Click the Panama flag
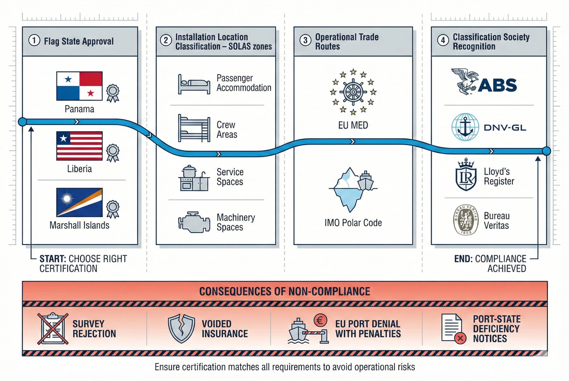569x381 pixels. click(x=79, y=86)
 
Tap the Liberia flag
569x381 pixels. click(x=79, y=146)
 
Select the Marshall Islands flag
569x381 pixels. click(x=79, y=202)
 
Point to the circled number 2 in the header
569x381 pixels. click(x=166, y=41)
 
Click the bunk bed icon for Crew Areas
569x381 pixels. click(x=194, y=128)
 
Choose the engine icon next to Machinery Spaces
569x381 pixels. click(x=194, y=222)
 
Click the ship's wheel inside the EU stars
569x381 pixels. click(x=353, y=92)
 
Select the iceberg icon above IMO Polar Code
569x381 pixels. click(x=349, y=189)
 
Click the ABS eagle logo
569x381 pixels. click(x=464, y=81)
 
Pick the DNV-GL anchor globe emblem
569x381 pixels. click(x=465, y=127)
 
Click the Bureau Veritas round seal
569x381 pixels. click(x=466, y=220)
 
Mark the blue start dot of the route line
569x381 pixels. click(x=23, y=122)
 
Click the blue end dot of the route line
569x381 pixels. click(x=546, y=151)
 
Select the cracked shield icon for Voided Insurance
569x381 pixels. click(x=181, y=329)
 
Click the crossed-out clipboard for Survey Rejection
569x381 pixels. click(x=53, y=329)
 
